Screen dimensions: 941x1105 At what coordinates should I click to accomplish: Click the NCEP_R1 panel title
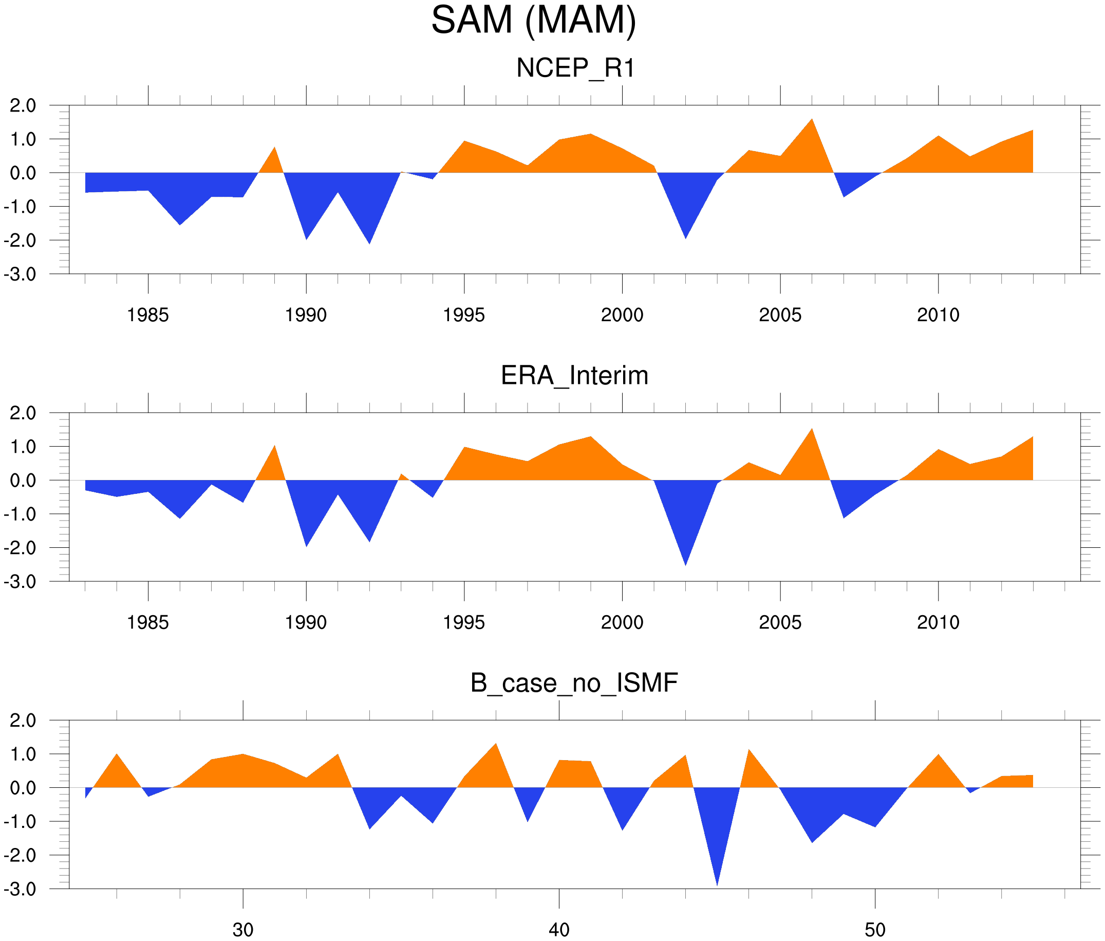pos(575,68)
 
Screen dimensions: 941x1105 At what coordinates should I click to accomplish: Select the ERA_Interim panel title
pos(574,376)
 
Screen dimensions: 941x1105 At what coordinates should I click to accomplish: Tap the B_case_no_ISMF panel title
pos(574,683)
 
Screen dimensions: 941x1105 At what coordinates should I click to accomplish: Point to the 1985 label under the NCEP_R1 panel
pos(148,315)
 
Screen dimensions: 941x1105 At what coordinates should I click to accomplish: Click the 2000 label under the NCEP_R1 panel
pos(622,315)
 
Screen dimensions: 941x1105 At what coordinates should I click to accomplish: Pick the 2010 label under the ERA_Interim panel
pos(938,622)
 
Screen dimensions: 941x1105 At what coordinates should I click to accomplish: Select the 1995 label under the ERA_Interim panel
pos(463,622)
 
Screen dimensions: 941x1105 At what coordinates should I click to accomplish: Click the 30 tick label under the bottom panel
pos(243,930)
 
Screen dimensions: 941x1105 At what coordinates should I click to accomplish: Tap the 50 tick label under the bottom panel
pos(875,930)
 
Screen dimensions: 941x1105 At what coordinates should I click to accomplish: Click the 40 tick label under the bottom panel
pos(559,930)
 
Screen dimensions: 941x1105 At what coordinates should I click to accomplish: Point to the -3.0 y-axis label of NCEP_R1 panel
pos(20,275)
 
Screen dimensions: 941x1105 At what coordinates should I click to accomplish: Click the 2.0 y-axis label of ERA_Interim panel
pos(23,413)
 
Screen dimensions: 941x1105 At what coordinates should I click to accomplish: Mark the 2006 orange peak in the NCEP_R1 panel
pos(812,120)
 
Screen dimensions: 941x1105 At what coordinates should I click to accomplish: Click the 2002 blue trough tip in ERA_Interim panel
pos(685,564)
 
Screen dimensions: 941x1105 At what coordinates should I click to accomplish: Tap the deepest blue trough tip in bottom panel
pos(717,884)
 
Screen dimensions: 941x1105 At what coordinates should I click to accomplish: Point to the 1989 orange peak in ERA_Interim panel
pos(275,446)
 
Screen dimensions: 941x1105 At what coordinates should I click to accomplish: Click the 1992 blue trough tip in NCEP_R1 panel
pos(369,243)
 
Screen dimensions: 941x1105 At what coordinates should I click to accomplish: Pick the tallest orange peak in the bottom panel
pos(496,744)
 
